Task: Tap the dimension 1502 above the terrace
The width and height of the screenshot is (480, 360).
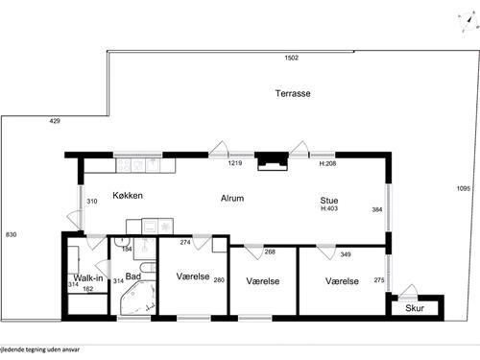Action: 292,59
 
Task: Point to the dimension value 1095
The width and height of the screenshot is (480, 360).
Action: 463,188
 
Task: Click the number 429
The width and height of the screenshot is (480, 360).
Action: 55,121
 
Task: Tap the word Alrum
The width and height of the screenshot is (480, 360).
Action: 231,200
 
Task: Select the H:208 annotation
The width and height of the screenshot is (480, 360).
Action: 328,164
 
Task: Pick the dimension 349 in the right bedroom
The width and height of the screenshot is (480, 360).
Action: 346,254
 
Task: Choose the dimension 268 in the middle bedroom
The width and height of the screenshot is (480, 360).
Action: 270,252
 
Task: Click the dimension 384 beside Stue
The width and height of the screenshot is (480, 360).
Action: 377,209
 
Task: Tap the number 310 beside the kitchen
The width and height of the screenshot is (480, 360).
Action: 93,202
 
